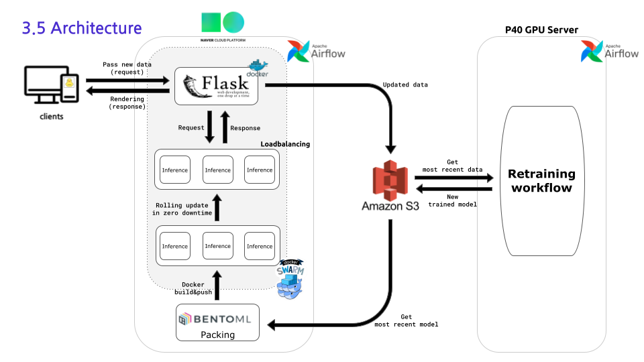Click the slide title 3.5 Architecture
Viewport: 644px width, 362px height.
click(x=82, y=28)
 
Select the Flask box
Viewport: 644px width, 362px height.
click(x=217, y=86)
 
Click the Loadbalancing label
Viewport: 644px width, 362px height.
click(x=285, y=143)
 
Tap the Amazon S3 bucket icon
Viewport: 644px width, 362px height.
click(x=390, y=180)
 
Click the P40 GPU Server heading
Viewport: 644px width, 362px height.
click(x=541, y=30)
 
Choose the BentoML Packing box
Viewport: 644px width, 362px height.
click(x=218, y=322)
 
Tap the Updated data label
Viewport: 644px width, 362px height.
click(x=405, y=85)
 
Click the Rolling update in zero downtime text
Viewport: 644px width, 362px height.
click(x=183, y=208)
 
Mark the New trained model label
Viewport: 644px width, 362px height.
click(x=452, y=200)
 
